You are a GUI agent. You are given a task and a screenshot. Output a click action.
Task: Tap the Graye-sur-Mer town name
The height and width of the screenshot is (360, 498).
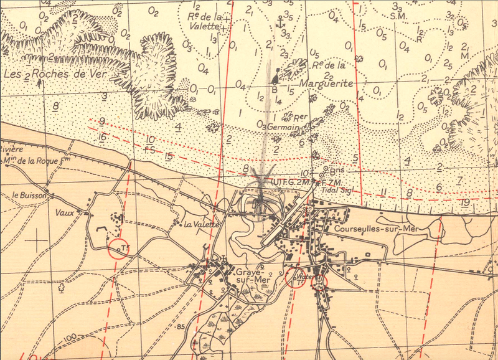pyautogui.click(x=251, y=277)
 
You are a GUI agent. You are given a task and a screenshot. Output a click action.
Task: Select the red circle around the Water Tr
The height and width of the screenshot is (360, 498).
pyautogui.click(x=294, y=278)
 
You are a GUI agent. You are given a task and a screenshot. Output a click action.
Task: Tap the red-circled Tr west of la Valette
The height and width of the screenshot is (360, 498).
pyautogui.click(x=118, y=249)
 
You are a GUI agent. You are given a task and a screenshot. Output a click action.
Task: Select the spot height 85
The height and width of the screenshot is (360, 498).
pyautogui.click(x=181, y=326)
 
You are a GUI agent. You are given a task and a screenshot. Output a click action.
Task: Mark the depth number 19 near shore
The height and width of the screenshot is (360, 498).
pyautogui.click(x=465, y=203)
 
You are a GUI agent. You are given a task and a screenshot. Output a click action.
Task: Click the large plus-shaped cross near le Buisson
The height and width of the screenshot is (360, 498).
pyautogui.click(x=39, y=237)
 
